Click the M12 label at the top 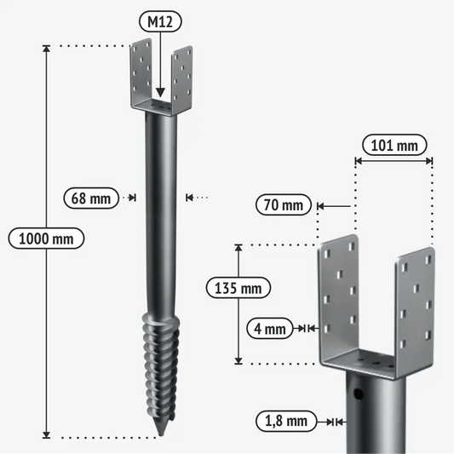point(160,21)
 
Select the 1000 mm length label point(46,238)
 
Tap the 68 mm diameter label point(91,198)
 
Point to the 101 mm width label point(394,145)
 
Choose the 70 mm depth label point(283,204)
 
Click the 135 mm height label point(238,288)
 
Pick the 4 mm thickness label point(269,328)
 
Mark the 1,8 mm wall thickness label point(286,421)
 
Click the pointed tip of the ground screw point(161,435)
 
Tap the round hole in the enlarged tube point(358,394)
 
